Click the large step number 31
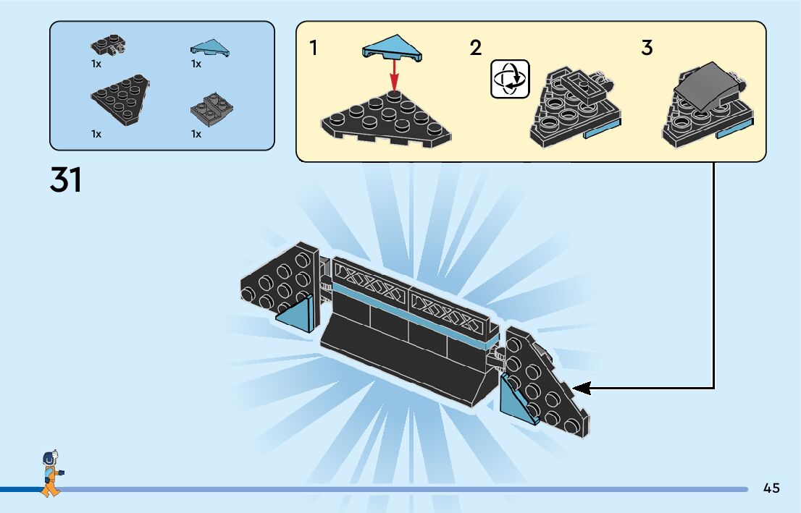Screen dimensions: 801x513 pos(66,180)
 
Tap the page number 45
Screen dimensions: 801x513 pos(771,488)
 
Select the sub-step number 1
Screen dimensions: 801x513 pos(313,48)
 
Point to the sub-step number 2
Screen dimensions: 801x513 pos(475,48)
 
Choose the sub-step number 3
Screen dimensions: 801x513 pos(647,48)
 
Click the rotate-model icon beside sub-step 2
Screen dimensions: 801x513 pos(510,79)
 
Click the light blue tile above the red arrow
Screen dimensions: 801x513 pos(393,47)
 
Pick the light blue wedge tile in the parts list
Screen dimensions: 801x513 pos(209,48)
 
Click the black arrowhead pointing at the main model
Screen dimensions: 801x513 pos(584,389)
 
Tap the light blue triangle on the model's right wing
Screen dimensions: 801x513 pos(521,399)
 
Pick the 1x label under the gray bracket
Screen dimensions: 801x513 pos(196,134)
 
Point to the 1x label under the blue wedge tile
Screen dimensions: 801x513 pos(196,64)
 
